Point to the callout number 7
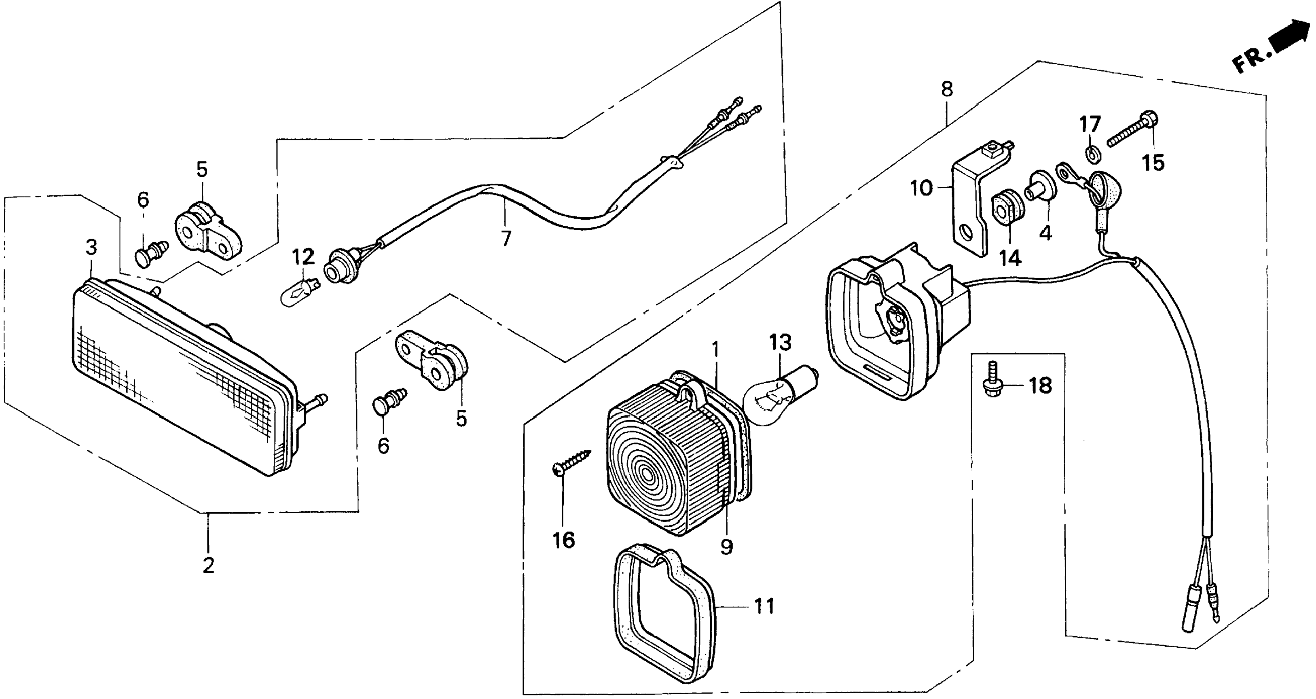click(x=506, y=239)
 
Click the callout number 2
click(x=208, y=566)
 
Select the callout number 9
click(x=726, y=547)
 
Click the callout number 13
click(x=780, y=342)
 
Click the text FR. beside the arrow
click(x=1250, y=61)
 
